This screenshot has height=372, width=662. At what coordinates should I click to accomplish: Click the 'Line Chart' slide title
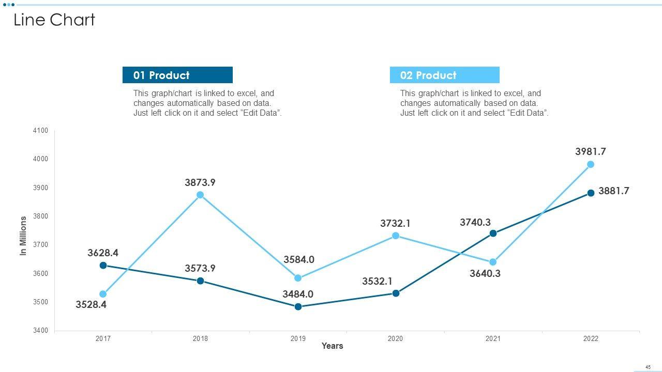coord(54,20)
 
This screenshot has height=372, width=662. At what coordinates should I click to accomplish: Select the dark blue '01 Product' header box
coord(177,75)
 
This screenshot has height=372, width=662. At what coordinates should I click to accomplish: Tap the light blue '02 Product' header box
coord(444,75)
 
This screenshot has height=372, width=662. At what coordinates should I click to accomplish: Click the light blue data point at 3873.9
coord(200,195)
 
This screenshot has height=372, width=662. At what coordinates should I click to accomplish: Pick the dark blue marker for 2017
coord(103,265)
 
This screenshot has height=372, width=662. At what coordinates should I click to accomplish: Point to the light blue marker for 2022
coord(591,164)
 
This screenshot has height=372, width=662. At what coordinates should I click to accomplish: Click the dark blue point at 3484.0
coord(298,306)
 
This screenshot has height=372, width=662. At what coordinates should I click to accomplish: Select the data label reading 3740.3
coord(475,222)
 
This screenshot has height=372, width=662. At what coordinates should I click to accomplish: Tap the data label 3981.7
coord(590,151)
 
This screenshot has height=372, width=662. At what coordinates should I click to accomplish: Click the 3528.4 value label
coord(91,304)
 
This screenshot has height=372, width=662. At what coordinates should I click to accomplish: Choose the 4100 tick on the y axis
coord(40,131)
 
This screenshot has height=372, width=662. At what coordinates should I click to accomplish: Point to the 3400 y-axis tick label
coord(40,330)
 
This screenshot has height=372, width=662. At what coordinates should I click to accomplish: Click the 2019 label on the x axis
coord(298,338)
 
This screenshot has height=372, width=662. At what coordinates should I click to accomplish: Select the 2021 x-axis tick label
coord(493,338)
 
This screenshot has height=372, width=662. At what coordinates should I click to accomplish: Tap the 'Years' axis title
coord(332,346)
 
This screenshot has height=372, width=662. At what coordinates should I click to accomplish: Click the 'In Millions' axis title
coord(23,236)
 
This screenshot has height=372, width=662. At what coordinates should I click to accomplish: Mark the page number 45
coord(648,367)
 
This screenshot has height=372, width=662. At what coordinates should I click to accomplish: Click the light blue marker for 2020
coord(396,236)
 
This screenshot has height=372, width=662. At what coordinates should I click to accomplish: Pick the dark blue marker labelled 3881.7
coord(591,193)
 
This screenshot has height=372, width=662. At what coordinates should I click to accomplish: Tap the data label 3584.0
coord(298,259)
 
